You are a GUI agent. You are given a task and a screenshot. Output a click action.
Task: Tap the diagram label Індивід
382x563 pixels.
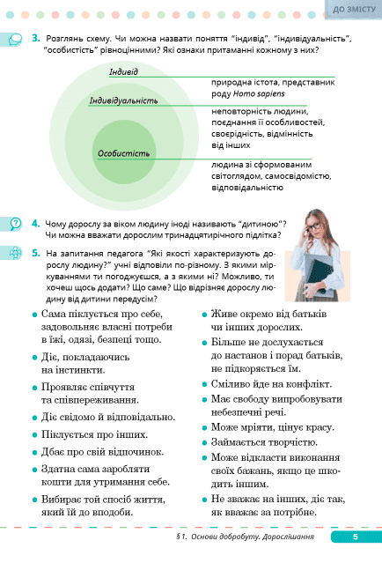124,71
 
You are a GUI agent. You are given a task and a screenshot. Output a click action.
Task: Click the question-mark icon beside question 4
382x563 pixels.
15,224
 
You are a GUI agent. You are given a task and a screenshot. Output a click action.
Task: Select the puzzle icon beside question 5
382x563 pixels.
15,253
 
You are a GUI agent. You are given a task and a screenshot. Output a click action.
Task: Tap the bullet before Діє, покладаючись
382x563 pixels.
34,358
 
